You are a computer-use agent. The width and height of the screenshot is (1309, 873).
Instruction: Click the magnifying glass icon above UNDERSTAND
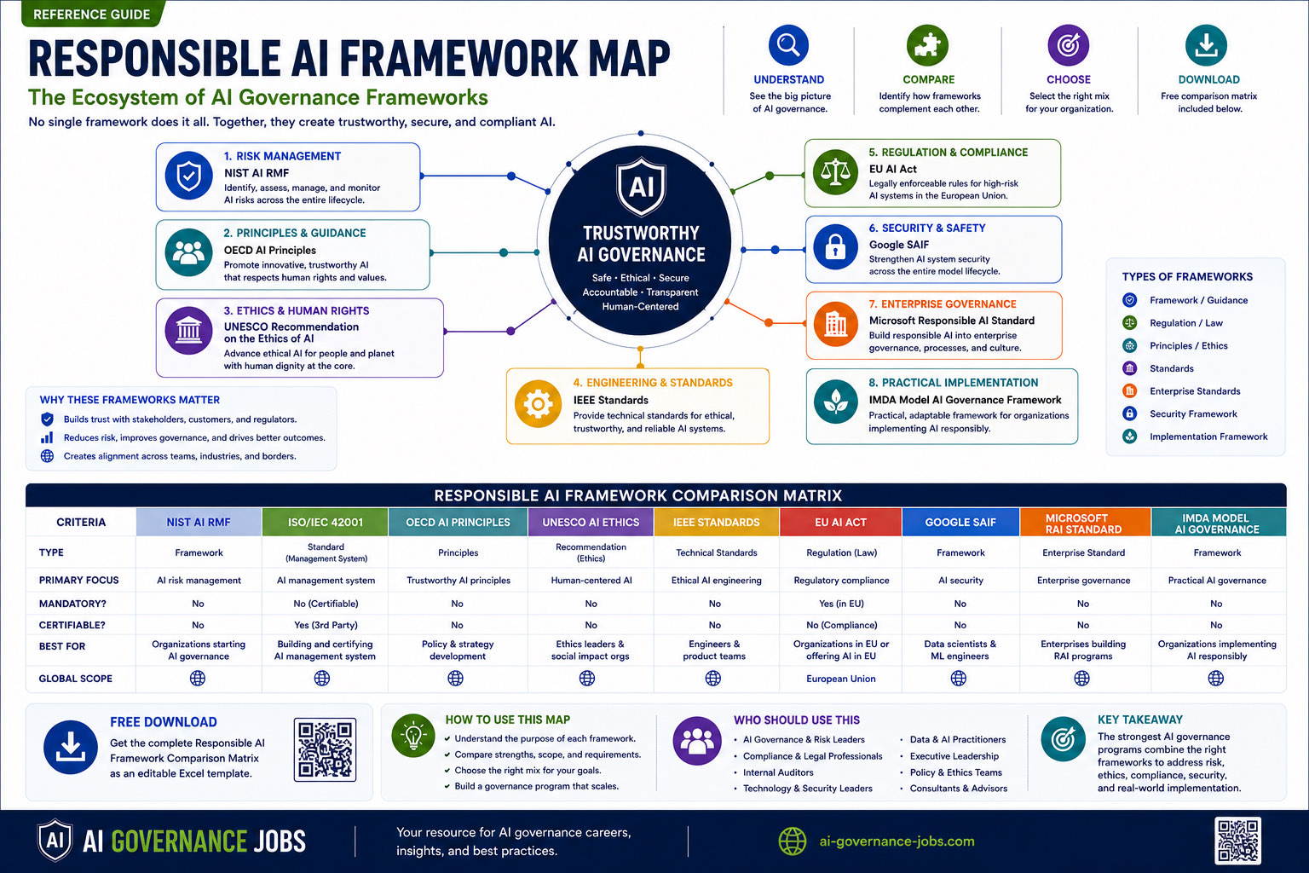[788, 45]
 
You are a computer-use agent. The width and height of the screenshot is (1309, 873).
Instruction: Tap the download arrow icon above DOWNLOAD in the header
[1206, 45]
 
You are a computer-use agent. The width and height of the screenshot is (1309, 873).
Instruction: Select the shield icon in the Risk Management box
[188, 176]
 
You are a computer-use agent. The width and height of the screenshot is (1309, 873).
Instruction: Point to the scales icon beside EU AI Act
[835, 172]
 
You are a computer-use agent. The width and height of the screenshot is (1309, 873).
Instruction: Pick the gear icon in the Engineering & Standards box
[539, 403]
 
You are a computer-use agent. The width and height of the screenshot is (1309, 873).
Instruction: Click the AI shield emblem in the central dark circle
[641, 186]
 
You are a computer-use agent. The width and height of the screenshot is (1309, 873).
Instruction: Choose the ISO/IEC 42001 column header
[326, 522]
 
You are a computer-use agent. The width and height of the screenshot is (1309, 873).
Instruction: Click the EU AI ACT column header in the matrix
[840, 522]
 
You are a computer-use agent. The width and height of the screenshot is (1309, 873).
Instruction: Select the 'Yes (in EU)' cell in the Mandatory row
[841, 604]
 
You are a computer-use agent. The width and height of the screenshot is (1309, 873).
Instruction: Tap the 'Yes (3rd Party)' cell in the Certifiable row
[326, 625]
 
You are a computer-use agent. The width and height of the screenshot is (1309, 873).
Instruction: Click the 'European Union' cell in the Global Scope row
[841, 679]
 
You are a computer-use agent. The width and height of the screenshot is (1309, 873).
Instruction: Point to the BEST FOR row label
[62, 646]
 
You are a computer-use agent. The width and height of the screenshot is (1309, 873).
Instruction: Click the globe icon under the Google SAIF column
[959, 679]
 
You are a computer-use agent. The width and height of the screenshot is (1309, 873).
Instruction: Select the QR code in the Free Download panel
[325, 749]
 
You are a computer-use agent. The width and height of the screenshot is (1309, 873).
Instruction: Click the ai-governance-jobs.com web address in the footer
[897, 841]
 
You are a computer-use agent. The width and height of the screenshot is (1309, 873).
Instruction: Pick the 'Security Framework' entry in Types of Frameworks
[1193, 414]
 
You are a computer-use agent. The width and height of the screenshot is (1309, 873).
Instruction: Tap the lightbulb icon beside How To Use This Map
[413, 736]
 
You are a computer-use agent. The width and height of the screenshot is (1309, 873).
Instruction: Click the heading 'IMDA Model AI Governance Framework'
[965, 400]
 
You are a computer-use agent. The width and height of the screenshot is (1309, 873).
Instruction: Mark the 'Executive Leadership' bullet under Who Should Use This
[954, 756]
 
